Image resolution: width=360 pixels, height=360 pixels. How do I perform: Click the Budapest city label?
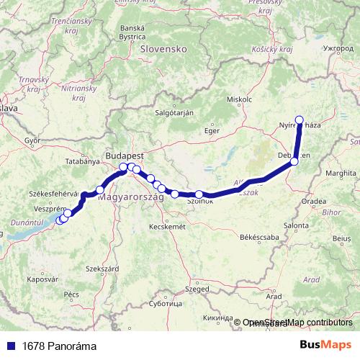tap(125, 156)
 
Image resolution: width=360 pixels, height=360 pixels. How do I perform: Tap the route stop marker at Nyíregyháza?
tap(299, 120)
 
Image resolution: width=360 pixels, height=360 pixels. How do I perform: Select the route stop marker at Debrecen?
tap(294, 162)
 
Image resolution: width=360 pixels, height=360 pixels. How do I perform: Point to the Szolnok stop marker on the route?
tap(199, 194)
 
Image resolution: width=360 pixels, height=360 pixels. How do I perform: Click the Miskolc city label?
tap(238, 99)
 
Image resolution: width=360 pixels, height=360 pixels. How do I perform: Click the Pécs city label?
tap(71, 294)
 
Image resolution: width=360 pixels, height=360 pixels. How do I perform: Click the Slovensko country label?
tap(165, 49)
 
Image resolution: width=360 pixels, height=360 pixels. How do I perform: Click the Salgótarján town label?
tap(176, 113)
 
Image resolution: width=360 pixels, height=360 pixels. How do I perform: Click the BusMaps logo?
tap(325, 345)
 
